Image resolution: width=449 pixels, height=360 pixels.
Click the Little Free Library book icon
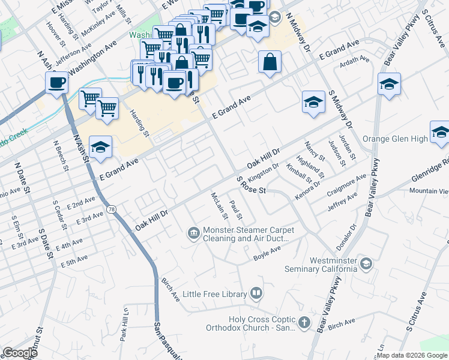tap(256, 293)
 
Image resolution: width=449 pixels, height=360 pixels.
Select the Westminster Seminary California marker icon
tap(366, 263)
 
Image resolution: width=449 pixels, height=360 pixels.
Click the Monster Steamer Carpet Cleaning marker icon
tap(194, 232)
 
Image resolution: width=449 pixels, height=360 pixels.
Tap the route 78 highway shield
tap(112, 208)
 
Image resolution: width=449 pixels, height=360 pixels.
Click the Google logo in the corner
tap(20, 353)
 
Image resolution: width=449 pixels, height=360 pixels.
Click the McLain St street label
tap(217, 205)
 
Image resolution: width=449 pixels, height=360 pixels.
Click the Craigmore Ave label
tap(348, 183)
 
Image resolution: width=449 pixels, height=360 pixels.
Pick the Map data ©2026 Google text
tap(412, 355)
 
